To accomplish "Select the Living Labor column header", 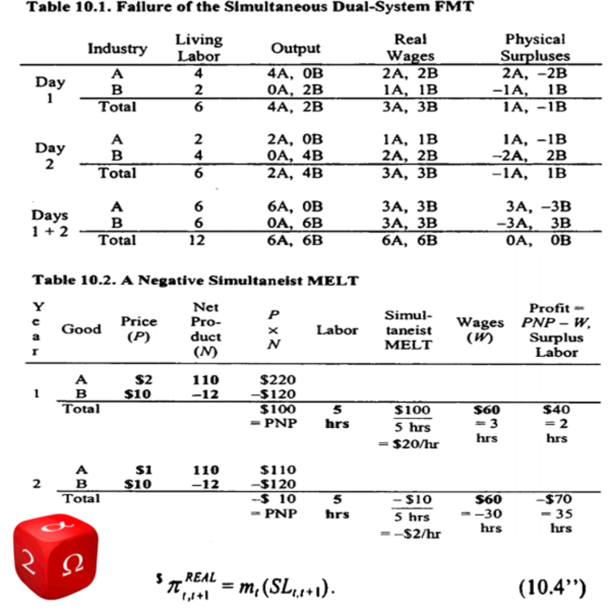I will (199, 48).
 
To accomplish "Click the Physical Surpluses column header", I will (535, 47).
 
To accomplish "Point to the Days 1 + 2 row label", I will (50, 223).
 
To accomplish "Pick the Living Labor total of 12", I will (197, 240).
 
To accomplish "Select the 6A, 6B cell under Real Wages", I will (410, 240).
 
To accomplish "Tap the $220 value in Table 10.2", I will (278, 380).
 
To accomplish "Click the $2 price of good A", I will (143, 380).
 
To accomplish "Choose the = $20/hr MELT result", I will (408, 444).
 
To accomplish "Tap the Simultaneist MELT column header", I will (408, 330).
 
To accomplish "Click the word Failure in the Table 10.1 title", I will (141, 7).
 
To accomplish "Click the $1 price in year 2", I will (143, 470).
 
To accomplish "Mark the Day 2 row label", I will (50, 156).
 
